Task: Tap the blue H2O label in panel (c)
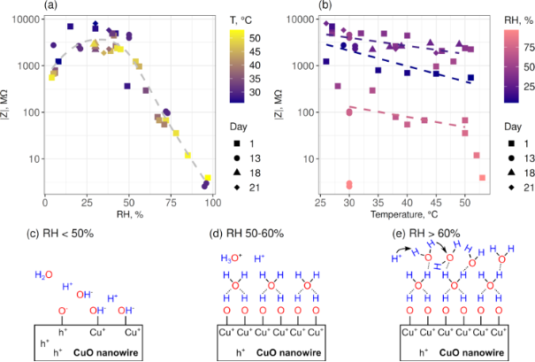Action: pos(42,276)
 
